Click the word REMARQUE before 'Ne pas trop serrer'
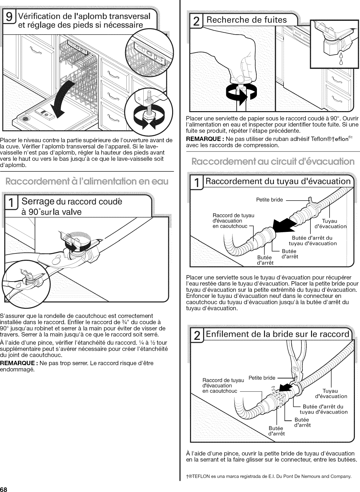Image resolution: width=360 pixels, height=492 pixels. [18, 363]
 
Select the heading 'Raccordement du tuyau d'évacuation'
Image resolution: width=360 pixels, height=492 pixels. [278, 181]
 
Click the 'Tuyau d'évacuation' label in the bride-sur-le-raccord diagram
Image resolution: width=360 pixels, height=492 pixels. [331, 393]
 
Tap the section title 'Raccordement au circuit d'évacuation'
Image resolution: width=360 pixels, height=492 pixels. [270, 161]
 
